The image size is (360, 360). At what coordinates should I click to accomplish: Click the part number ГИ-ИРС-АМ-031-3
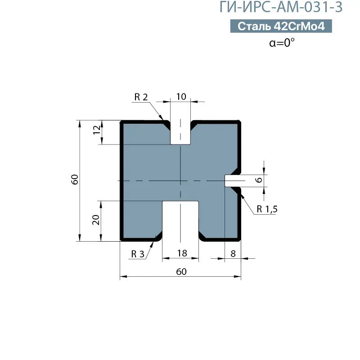tap(281, 8)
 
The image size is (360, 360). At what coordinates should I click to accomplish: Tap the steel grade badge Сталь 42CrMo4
tap(281, 27)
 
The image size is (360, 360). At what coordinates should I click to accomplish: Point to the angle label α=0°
tap(282, 43)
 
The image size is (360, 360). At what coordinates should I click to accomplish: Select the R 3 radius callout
tap(138, 254)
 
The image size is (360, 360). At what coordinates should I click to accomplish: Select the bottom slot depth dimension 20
tap(95, 220)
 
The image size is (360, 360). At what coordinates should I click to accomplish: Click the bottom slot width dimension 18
tap(181, 253)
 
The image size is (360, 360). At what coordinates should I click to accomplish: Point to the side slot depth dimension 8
tap(233, 253)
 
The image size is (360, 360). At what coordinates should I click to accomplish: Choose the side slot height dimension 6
tap(258, 180)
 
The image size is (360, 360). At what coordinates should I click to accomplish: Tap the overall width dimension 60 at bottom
tap(180, 271)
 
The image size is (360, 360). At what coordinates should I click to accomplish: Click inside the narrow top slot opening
tap(180, 133)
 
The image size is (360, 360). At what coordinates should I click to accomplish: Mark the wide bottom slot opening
tap(180, 220)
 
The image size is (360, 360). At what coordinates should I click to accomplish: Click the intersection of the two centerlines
tap(180, 181)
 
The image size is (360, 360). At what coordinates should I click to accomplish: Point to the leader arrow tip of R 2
tap(163, 121)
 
